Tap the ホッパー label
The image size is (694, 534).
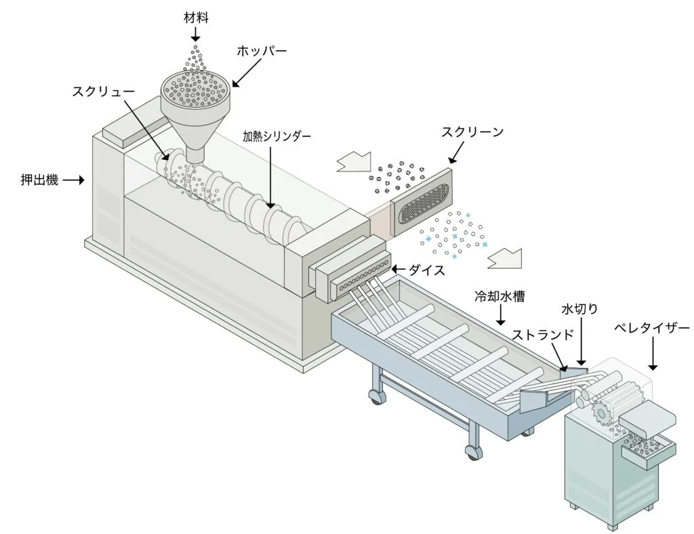point(261,51)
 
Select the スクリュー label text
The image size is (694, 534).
point(104,91)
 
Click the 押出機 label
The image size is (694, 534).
point(39,180)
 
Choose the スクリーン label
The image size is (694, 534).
point(472,132)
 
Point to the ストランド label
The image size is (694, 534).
point(543,335)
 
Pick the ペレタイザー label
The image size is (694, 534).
point(651,328)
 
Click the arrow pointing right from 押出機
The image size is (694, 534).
point(75,180)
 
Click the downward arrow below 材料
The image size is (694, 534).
point(195,34)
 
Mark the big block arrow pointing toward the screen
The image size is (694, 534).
point(354,163)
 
